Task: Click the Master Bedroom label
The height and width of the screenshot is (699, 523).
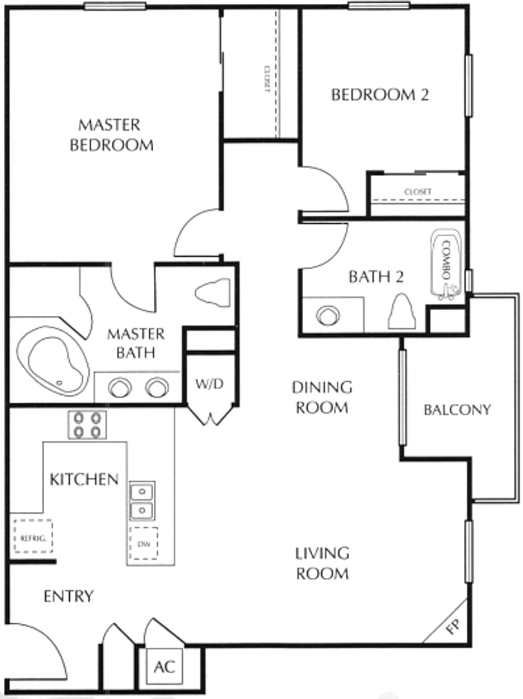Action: coord(111,135)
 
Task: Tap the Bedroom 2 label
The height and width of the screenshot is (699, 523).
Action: coord(379,94)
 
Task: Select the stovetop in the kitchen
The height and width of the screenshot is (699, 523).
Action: coord(87,425)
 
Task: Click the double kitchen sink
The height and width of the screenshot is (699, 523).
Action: coord(142,501)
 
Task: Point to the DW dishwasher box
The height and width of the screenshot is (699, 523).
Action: coord(144,544)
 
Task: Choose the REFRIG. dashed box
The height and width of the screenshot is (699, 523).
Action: coord(32,537)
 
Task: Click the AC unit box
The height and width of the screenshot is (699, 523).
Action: coord(164,667)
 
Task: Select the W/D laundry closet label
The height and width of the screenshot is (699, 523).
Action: coord(209,383)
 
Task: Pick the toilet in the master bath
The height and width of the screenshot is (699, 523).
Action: coord(213,292)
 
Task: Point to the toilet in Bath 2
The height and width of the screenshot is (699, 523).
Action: coord(402,312)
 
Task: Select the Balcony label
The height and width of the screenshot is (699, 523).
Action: coord(457,410)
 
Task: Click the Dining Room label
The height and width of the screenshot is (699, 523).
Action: coord(322,397)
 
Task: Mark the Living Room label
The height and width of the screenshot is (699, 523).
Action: coord(322,564)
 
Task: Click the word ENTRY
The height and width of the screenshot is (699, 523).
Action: coord(69,596)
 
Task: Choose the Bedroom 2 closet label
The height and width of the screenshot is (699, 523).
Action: coord(418,192)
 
